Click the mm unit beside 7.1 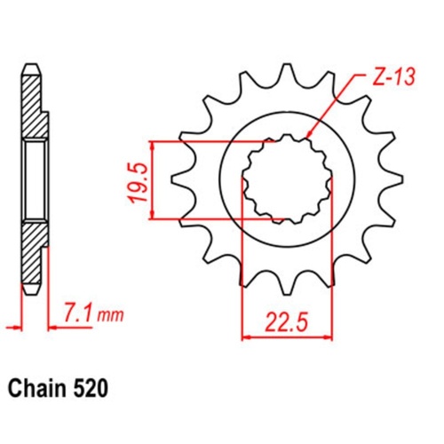pos(109,315)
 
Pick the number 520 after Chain pos(95,389)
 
